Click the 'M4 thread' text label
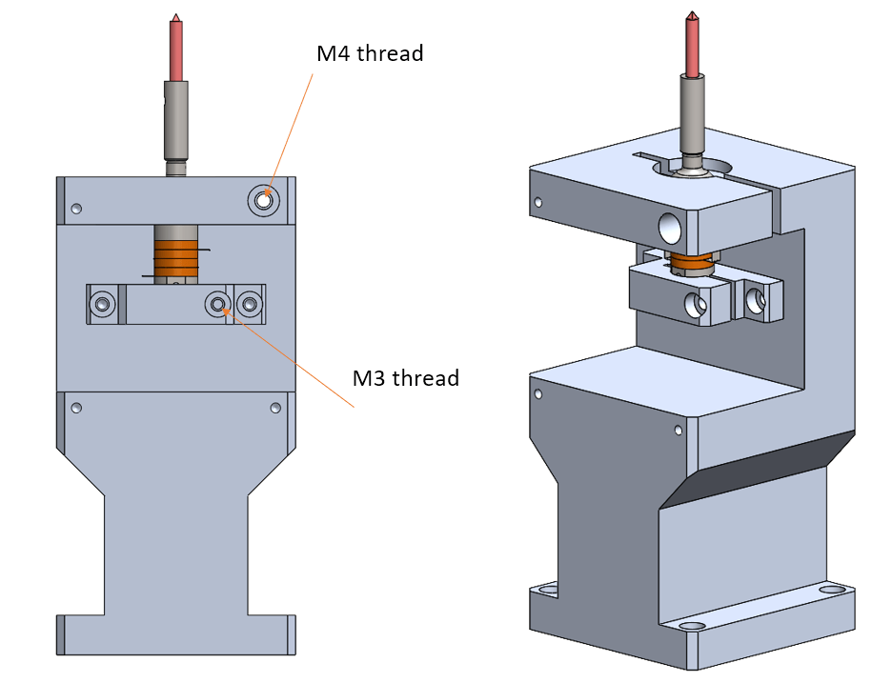370,53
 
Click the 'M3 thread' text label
406,378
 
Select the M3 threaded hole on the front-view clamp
219,304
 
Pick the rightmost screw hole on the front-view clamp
250,305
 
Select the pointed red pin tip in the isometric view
691,17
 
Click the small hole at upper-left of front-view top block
77,209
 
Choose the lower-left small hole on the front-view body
77,408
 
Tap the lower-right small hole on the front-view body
275,408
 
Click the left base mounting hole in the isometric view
548,591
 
